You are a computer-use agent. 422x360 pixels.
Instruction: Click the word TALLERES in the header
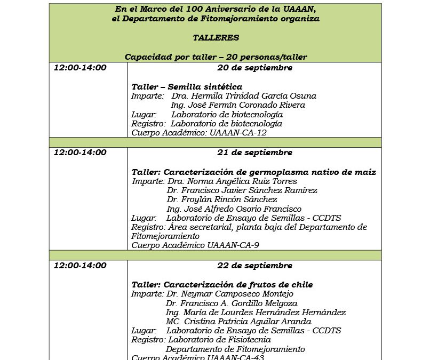click(x=216, y=38)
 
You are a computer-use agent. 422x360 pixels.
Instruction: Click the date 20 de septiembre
click(x=254, y=68)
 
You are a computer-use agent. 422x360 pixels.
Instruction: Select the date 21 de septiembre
click(x=254, y=153)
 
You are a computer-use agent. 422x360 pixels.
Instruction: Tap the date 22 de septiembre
click(x=254, y=266)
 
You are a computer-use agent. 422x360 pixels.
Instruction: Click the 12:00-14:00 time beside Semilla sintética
click(x=80, y=68)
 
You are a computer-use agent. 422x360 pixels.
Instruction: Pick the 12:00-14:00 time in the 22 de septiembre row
click(x=80, y=266)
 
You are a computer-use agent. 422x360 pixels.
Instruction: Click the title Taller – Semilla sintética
click(x=187, y=86)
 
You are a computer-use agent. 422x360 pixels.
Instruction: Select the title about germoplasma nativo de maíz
click(x=254, y=172)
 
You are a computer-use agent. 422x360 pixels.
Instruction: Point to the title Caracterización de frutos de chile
click(x=222, y=284)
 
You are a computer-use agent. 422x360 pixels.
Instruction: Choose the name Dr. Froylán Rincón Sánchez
click(x=222, y=199)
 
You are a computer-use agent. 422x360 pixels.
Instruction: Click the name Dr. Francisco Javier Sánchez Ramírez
click(x=242, y=190)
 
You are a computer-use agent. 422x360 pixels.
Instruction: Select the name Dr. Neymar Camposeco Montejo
click(x=229, y=294)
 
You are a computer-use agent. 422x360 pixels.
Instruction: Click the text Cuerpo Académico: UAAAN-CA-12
click(x=199, y=133)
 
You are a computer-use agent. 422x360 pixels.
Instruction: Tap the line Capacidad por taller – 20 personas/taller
click(x=216, y=57)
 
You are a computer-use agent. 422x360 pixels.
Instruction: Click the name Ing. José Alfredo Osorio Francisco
click(x=234, y=209)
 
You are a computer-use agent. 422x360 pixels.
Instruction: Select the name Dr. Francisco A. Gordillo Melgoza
click(x=232, y=303)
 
